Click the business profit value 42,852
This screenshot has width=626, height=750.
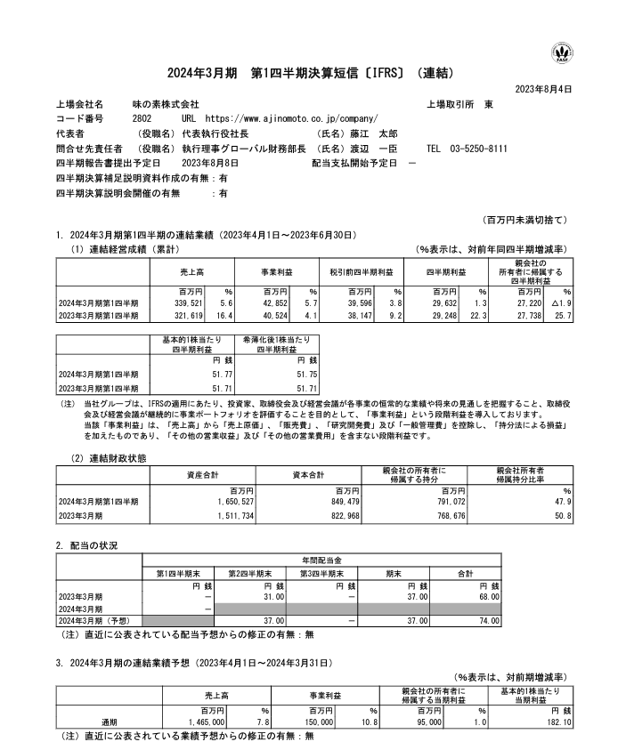tap(275, 302)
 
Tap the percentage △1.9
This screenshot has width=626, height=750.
tap(561, 302)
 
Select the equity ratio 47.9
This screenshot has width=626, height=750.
tap(562, 502)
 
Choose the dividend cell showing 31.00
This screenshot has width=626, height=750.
tap(272, 596)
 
